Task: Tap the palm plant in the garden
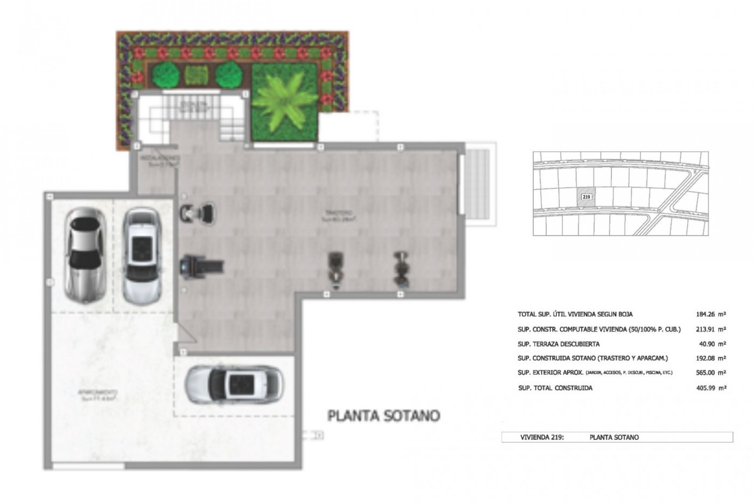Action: pyautogui.click(x=284, y=101)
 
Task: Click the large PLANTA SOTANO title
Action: pyautogui.click(x=384, y=416)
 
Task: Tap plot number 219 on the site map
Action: pyautogui.click(x=586, y=196)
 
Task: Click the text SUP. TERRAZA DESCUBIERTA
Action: pyautogui.click(x=558, y=344)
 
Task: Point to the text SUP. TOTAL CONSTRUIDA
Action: pyautogui.click(x=555, y=388)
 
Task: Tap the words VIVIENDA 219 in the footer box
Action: pyautogui.click(x=542, y=437)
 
